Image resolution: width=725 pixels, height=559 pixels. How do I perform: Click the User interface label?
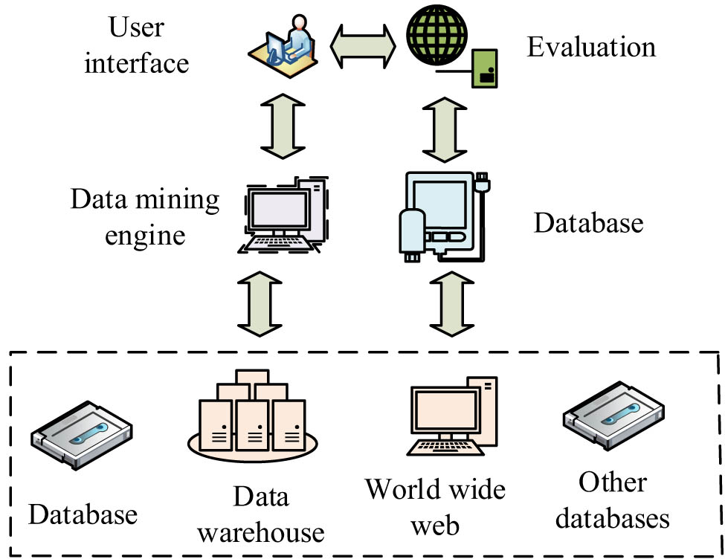pos(136,46)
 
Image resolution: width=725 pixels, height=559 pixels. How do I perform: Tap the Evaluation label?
pos(592,47)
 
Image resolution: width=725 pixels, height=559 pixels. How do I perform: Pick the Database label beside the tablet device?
pos(588,222)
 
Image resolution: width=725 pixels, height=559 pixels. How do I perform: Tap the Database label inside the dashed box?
pos(83,513)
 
